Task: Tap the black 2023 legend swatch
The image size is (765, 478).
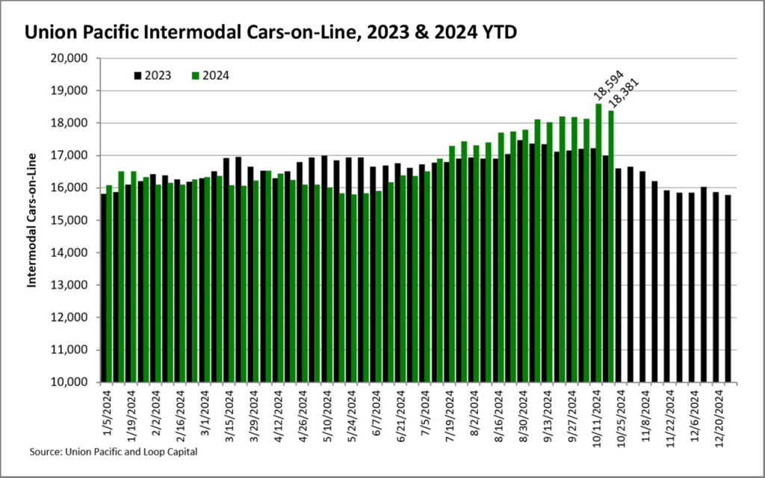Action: [x=137, y=75]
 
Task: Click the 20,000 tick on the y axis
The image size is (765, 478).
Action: [x=74, y=58]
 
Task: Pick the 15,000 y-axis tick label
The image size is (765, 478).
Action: [x=74, y=220]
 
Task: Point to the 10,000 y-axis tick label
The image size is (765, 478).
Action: [x=74, y=382]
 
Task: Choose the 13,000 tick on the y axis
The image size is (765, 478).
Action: [x=74, y=285]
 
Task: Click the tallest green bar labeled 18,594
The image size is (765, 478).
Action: [x=599, y=243]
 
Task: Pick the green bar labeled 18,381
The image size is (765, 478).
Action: [x=611, y=246]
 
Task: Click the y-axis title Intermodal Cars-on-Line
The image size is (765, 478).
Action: [x=32, y=221]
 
